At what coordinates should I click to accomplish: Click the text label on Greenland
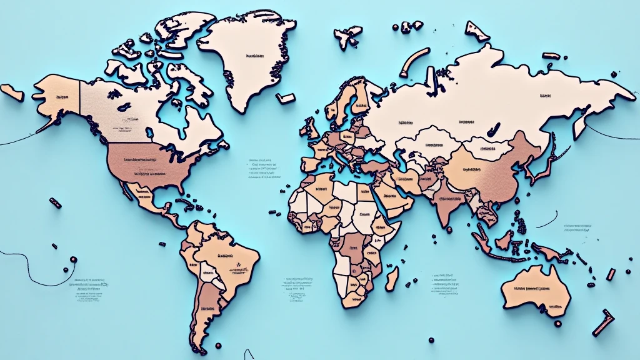(x=254, y=56)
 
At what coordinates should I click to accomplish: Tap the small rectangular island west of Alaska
(x=11, y=92)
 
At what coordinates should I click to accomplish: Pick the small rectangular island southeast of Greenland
(x=285, y=98)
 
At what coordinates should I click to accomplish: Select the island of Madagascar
(x=392, y=277)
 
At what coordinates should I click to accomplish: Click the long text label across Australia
(x=532, y=289)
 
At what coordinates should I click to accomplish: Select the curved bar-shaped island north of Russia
(x=414, y=62)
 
